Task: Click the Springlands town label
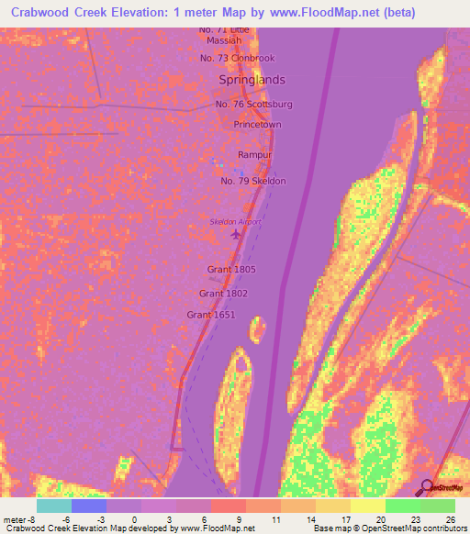252,81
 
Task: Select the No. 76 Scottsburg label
254,105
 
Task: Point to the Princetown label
257,124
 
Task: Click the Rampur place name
253,155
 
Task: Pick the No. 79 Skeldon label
253,181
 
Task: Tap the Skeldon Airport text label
236,222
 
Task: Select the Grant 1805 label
231,270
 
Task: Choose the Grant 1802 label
223,294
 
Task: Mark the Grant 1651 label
211,315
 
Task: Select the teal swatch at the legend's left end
53,506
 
